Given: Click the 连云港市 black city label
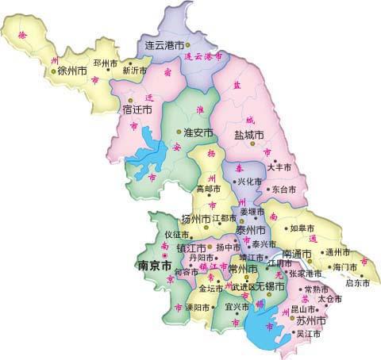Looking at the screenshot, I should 164,44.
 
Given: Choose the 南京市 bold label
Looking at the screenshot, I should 155,266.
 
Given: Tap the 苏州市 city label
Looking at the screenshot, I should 312,320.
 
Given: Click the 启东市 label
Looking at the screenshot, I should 359,281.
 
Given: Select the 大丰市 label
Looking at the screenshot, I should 279,167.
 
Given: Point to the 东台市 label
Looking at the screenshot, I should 284,190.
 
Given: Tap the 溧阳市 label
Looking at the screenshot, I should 198,307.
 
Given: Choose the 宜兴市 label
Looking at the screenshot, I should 238,306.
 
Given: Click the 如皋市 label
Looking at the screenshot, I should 303,228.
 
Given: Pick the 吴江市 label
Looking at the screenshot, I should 308,334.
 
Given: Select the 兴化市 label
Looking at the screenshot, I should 250,182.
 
